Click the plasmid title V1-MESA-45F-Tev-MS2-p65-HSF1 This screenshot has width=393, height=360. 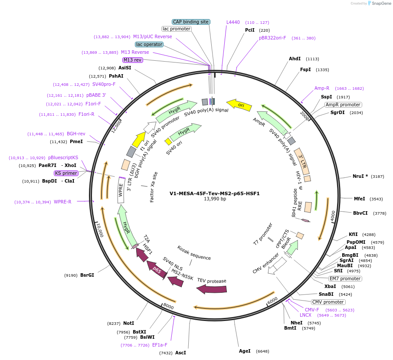pos(214,193)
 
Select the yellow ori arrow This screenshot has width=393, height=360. pos(239,104)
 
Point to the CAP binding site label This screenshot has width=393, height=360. pos(191,22)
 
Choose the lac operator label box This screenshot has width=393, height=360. pos(149,44)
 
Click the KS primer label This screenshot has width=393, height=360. pos(66,173)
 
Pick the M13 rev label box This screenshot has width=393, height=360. pos(132,60)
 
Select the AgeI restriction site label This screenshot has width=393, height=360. pos(245,351)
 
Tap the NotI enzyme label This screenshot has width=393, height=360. pos(128,323)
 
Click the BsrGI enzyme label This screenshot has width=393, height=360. pos(87,275)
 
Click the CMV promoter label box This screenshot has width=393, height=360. pos(328,302)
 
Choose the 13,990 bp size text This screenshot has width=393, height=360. pos(215,199)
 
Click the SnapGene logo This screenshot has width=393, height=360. pos(377,3)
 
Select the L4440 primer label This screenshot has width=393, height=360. pos(233,22)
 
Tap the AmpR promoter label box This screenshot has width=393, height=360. pos(343,105)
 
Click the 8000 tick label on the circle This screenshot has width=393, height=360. pos(168,307)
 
